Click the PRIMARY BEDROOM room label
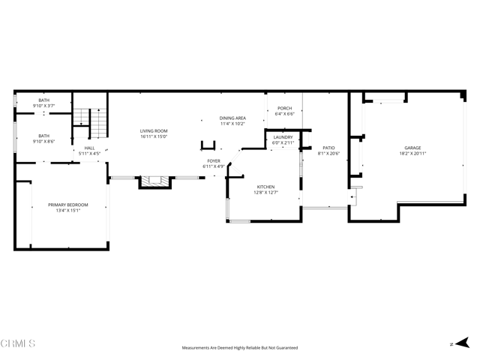point(68,205)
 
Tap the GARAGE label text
point(412,148)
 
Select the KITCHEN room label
point(265,186)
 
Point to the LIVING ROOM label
point(153,131)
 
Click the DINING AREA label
point(232,118)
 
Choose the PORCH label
point(284,108)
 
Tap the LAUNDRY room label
point(283,137)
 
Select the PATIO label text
point(328,148)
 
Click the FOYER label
point(214,160)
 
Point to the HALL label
point(89,148)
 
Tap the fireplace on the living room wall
point(155,181)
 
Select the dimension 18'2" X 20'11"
point(412,154)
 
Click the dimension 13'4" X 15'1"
point(68,211)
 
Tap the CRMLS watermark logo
point(18,344)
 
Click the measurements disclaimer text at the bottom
point(240,348)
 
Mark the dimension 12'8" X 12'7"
point(265,192)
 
